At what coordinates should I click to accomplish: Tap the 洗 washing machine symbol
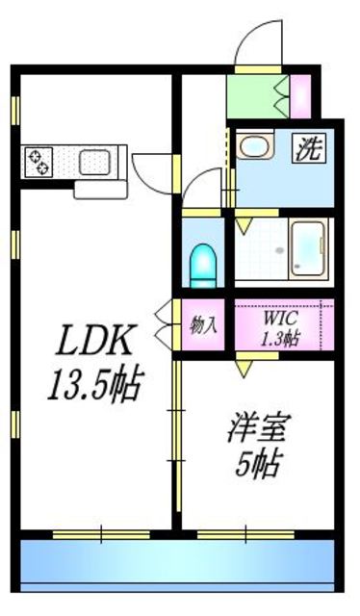click(x=308, y=148)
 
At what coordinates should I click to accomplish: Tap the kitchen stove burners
click(x=39, y=161)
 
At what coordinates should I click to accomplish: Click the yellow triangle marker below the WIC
click(x=246, y=367)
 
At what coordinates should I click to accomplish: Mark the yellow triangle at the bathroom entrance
click(x=244, y=225)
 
